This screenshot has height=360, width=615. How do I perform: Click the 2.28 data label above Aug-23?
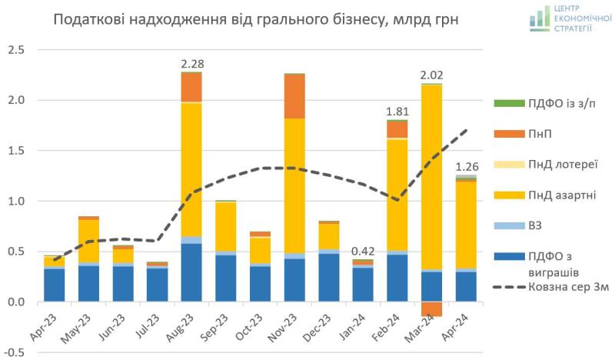point(192,63)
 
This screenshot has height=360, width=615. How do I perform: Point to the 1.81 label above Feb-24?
point(397,111)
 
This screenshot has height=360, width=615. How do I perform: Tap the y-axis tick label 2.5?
point(16,50)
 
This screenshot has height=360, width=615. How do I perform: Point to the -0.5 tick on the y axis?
point(15,352)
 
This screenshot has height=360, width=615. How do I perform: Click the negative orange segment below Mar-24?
point(431,309)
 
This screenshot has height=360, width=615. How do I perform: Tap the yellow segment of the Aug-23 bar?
point(191,169)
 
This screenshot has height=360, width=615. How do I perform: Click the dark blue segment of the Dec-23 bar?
point(329,277)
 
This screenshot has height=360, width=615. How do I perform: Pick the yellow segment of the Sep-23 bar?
point(226,226)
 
